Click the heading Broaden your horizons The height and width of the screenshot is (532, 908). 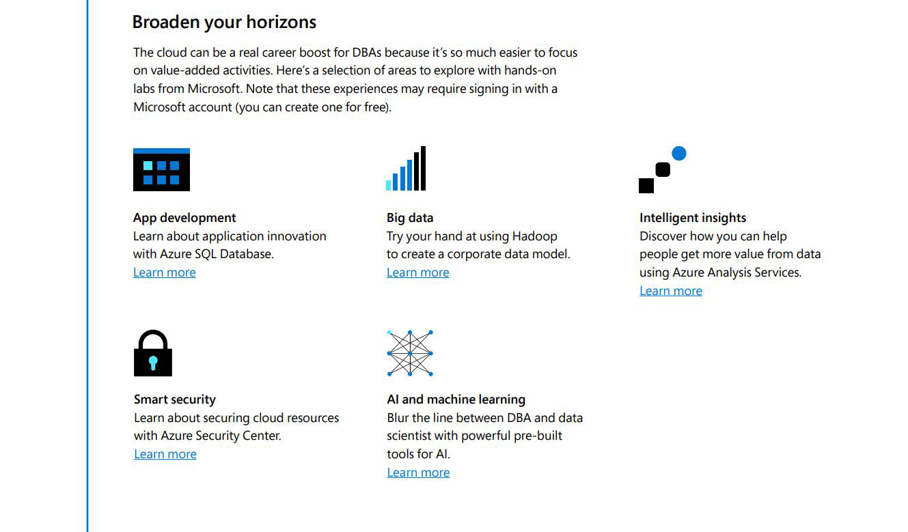224,23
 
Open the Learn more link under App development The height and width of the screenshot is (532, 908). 165,272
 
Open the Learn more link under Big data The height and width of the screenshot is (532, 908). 418,272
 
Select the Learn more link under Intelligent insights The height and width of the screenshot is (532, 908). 671,291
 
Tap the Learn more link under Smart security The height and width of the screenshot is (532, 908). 165,453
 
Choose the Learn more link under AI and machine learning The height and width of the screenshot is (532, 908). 418,473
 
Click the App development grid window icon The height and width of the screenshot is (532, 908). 161,169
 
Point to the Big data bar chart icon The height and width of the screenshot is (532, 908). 406,168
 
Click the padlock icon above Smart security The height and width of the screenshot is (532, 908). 153,353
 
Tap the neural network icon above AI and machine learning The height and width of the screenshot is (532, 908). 410,353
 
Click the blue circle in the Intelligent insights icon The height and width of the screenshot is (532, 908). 679,154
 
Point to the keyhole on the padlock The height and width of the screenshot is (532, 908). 153,363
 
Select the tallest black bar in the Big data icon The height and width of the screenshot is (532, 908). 423,168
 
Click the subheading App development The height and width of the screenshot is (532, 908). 184,218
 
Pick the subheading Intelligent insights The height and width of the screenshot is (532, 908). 693,218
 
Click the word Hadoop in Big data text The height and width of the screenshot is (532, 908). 535,236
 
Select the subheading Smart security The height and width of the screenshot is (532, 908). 175,400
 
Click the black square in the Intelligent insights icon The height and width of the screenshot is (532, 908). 646,186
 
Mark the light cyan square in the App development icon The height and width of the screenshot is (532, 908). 148,166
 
